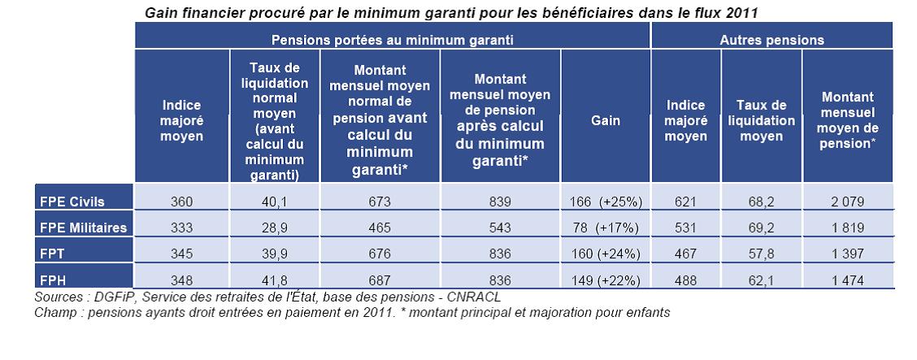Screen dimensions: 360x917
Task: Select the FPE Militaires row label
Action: [83, 228]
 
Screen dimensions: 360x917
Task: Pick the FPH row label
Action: [52, 280]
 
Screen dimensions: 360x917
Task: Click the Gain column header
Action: [605, 120]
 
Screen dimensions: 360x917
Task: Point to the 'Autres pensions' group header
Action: [771, 39]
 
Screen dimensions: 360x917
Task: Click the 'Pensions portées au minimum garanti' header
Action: [392, 39]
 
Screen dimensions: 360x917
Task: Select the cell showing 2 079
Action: [846, 202]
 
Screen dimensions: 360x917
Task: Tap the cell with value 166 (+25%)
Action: [605, 202]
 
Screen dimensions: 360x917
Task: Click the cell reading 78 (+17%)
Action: [605, 228]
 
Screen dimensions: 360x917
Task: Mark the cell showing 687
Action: [380, 280]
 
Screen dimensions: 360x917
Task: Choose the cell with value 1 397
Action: [846, 254]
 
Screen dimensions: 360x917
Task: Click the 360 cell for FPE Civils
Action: [181, 202]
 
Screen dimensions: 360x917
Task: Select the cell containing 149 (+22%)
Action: [605, 280]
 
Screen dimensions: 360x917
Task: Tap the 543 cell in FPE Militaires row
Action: [500, 228]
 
